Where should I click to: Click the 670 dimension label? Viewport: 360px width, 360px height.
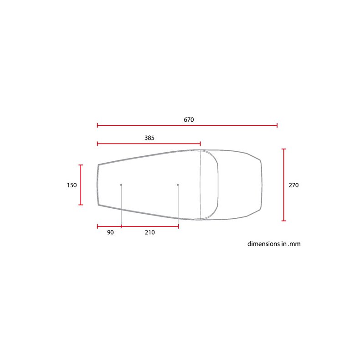coord(189,119)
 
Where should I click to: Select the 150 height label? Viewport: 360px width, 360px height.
coord(72,185)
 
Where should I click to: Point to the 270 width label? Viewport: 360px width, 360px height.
coord(294,185)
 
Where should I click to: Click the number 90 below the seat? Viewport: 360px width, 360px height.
coord(110,232)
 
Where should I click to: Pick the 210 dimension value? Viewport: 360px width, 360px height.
coord(149,232)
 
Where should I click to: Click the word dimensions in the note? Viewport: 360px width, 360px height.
coord(264,244)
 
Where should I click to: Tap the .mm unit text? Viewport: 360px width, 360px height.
coord(294,244)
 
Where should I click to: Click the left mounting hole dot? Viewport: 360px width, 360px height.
coord(121,185)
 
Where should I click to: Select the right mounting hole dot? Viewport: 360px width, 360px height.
coord(178,185)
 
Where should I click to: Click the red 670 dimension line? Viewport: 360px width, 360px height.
coord(228,125)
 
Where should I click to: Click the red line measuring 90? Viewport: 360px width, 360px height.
coord(109,226)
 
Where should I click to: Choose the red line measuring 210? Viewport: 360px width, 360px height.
coord(150,226)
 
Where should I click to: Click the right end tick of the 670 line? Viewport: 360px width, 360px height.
coord(277,125)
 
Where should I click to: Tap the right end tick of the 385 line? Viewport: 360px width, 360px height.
coord(201,144)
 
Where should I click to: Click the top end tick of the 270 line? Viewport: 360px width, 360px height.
coord(284,149)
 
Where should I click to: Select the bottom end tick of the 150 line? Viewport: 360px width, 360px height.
coord(81,205)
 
